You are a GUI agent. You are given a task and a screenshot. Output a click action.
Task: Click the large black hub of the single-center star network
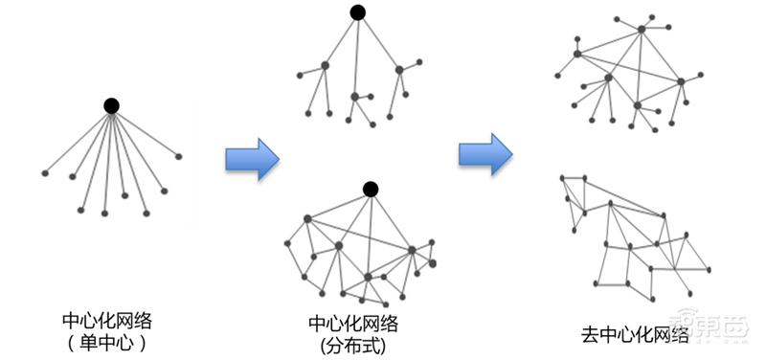pyautogui.click(x=111, y=105)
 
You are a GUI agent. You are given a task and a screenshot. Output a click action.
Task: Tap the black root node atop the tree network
pyautogui.click(x=357, y=13)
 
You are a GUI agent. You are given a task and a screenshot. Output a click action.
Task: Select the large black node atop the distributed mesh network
pyautogui.click(x=370, y=188)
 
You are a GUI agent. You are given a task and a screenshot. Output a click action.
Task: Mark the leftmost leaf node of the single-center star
pyautogui.click(x=45, y=172)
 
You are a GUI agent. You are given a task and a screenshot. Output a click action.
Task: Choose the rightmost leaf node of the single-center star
pyautogui.click(x=178, y=155)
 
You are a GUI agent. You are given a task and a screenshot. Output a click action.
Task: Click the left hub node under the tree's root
pyautogui.click(x=325, y=65)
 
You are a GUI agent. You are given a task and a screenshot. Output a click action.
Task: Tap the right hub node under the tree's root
pyautogui.click(x=399, y=69)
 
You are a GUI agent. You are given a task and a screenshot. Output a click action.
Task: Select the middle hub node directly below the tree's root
pyautogui.click(x=355, y=97)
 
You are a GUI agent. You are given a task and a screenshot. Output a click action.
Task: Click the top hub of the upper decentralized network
pyautogui.click(x=641, y=31)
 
